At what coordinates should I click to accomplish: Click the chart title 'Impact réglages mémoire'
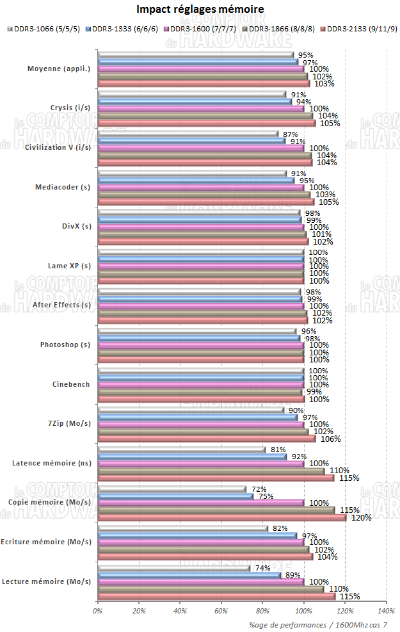[x=200, y=10]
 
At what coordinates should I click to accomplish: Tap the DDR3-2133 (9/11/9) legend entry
[x=361, y=29]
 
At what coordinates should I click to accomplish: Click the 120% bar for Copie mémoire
[x=221, y=517]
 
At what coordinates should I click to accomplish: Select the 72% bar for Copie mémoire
[x=172, y=489]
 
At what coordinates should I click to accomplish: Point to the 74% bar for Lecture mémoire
[x=173, y=568]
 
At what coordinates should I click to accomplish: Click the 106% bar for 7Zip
[x=207, y=438]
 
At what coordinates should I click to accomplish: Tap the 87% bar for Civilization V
[x=188, y=134]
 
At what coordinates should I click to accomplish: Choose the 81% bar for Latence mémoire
[x=181, y=450]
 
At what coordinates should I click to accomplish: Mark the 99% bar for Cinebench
[x=200, y=392]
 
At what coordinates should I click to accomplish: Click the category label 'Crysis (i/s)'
[x=70, y=108]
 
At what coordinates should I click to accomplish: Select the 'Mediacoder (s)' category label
[x=63, y=187]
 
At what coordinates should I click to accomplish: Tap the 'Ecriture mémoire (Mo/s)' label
[x=45, y=542]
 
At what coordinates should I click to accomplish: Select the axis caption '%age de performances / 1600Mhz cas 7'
[x=317, y=624]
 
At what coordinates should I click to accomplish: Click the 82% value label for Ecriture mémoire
[x=278, y=528]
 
